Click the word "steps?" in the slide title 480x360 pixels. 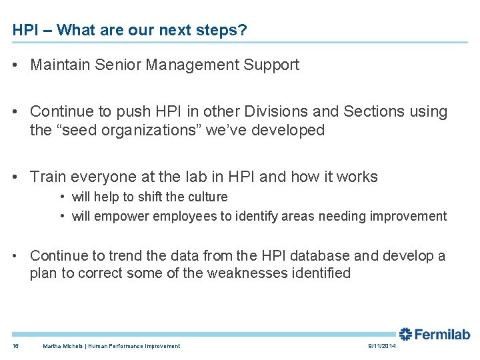pos(226,31)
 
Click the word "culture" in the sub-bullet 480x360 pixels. pos(207,197)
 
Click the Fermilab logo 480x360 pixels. pos(435,335)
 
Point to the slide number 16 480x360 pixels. pos(16,346)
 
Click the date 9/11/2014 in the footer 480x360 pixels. pos(382,346)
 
